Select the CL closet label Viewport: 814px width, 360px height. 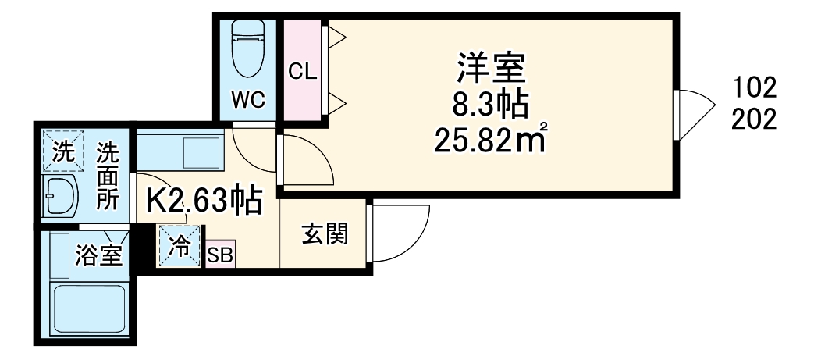[x=301, y=72]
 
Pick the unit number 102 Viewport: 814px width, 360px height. [x=754, y=86]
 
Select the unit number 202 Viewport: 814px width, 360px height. [x=754, y=120]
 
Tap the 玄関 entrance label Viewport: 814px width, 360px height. [x=325, y=233]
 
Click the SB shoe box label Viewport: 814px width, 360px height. [x=219, y=255]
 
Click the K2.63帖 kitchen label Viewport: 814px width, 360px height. [x=204, y=201]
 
